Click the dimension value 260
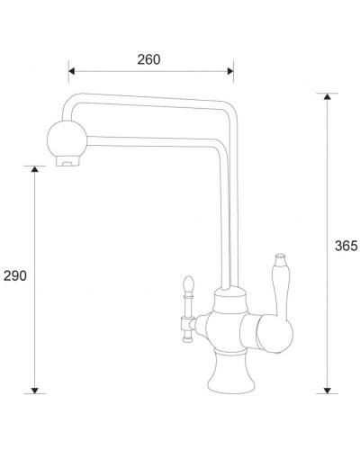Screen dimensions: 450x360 tap(149, 59)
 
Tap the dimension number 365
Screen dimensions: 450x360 tap(346, 246)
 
